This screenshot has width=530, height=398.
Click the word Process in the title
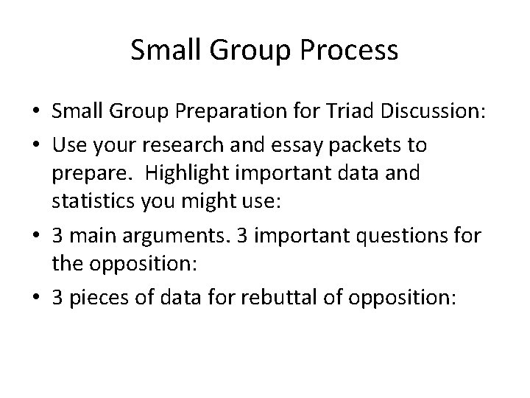(x=351, y=51)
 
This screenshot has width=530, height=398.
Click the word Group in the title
(x=244, y=51)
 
